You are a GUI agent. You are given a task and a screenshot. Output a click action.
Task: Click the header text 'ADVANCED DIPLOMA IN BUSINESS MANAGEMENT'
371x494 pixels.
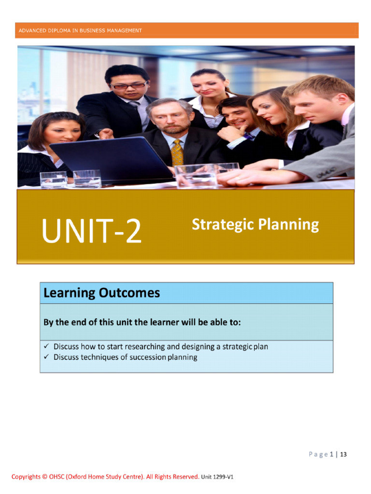pyautogui.click(x=80, y=30)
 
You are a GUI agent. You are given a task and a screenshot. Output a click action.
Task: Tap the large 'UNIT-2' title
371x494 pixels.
pyautogui.click(x=92, y=231)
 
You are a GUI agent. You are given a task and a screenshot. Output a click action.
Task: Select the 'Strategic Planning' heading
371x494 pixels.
pyautogui.click(x=255, y=225)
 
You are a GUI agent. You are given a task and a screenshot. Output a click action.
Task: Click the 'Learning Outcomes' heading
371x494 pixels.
pyautogui.click(x=101, y=293)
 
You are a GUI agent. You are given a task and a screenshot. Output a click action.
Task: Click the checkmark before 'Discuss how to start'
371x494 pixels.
pyautogui.click(x=46, y=346)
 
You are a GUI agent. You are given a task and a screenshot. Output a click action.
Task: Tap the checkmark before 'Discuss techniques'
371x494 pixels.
pyautogui.click(x=46, y=357)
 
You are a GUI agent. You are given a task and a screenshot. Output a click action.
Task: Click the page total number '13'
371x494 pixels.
pyautogui.click(x=343, y=454)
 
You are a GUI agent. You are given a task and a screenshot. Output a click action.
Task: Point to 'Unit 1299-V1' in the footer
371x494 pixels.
pyautogui.click(x=217, y=477)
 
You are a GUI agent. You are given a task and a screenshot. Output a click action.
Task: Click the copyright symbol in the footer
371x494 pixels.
pyautogui.click(x=44, y=477)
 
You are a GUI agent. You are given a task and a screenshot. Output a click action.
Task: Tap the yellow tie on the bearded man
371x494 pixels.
pyautogui.click(x=177, y=152)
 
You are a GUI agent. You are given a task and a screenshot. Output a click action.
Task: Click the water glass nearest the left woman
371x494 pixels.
pyautogui.click(x=53, y=179)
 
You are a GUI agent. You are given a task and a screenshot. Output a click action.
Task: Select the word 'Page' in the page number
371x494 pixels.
pyautogui.click(x=318, y=454)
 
